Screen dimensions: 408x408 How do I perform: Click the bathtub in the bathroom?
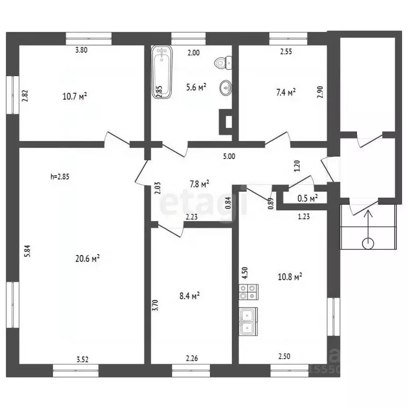(162, 72)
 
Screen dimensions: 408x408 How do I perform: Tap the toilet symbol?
(223, 63)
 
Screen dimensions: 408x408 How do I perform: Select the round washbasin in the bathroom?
(226, 88)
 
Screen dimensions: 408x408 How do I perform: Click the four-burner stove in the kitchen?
(249, 292)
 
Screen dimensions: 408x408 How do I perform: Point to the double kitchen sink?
(248, 321)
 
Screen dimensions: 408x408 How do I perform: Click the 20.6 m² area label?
(88, 259)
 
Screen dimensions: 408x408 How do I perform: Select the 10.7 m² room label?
(75, 97)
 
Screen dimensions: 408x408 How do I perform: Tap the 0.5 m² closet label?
(308, 198)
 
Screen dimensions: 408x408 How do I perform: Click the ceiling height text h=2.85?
(60, 177)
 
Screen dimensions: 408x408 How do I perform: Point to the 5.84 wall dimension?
(27, 251)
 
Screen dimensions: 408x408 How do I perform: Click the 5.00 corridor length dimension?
(229, 156)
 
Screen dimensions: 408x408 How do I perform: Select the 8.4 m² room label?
(190, 296)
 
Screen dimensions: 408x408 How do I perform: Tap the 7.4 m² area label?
(286, 92)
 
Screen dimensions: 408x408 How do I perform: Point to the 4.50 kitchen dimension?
(245, 273)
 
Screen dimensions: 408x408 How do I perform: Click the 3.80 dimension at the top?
(81, 50)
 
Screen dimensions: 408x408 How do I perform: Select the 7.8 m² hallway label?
(200, 184)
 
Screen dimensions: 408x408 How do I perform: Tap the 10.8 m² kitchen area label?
(290, 277)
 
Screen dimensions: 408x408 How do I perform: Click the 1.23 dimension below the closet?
(304, 217)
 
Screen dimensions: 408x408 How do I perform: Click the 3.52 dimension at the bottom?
(82, 359)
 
